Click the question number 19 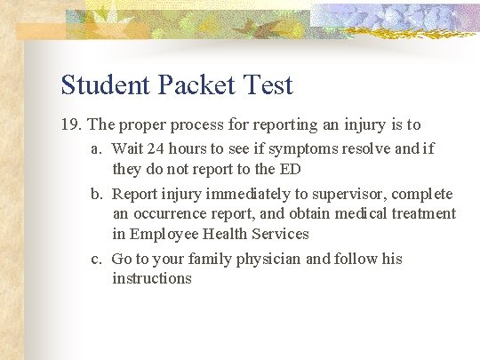click(71, 125)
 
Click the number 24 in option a click(156, 148)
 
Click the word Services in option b click(278, 234)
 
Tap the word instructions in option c click(152, 279)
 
